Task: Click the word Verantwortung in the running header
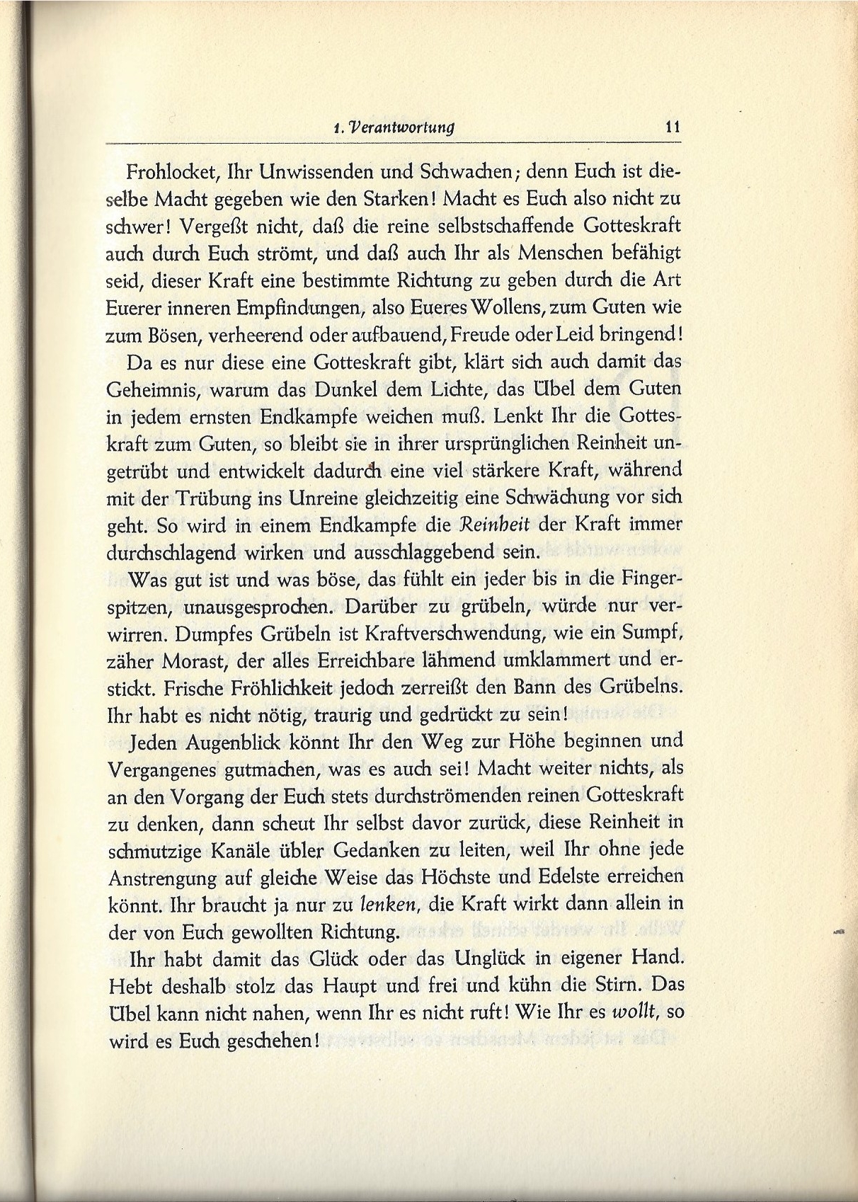(404, 128)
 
